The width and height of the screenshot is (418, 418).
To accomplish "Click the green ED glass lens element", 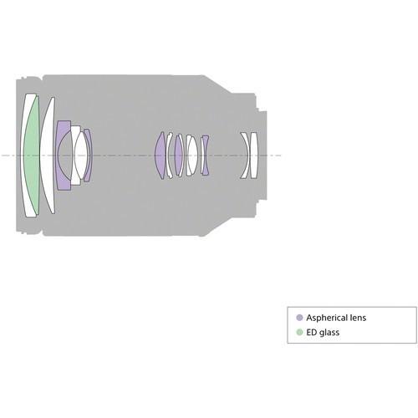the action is point(32,155).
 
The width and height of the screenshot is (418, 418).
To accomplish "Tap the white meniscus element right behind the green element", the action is point(48,155).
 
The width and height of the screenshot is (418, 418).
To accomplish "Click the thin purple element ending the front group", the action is point(89,155).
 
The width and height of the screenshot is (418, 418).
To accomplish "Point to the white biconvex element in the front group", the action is point(81,155).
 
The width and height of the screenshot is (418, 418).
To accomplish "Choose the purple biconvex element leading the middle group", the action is point(161,155).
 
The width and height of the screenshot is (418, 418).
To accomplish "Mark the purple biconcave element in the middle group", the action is point(205,155).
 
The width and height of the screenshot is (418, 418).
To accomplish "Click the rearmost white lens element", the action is point(253,155).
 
